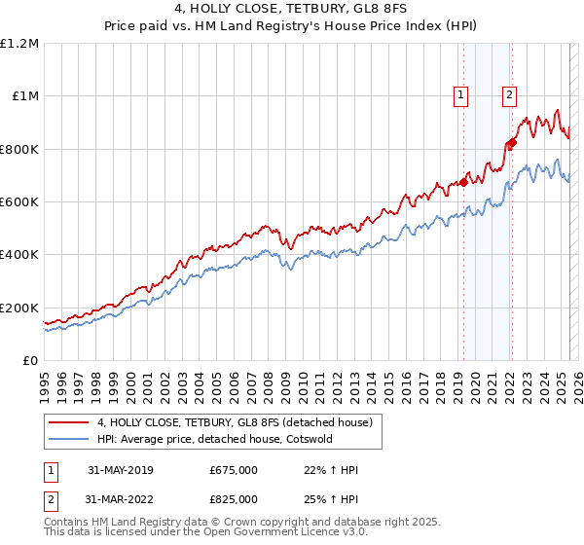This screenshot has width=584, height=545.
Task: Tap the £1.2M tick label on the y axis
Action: point(19,44)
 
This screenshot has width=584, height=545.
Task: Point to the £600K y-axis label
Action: point(19,202)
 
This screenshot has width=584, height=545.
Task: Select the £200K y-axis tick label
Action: point(19,308)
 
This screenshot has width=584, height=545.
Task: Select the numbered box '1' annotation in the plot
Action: point(459,94)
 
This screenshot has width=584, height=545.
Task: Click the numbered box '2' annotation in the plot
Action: point(509,94)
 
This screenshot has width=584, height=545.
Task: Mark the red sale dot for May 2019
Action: point(464,181)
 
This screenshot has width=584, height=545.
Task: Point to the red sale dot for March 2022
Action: point(512,142)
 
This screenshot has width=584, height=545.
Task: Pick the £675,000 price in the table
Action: point(234,470)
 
